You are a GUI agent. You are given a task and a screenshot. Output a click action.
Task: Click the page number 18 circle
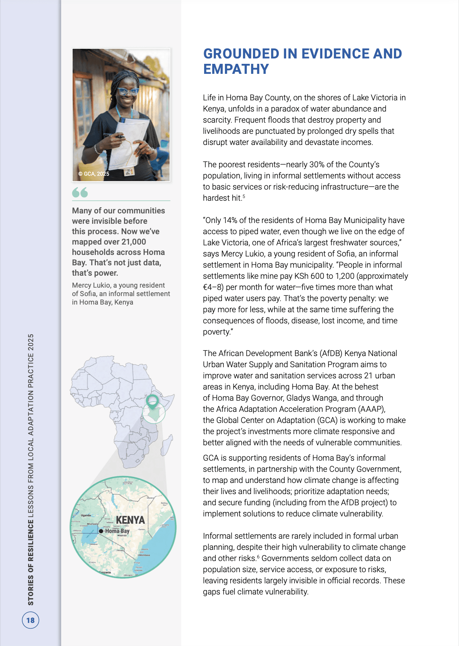point(30,620)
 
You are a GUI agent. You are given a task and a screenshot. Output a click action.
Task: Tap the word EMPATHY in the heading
point(236,69)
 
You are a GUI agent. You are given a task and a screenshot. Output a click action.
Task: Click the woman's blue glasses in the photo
point(128,92)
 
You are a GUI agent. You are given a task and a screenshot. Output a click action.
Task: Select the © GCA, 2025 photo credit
point(94,174)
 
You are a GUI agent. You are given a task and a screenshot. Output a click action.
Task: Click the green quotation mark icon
point(80,192)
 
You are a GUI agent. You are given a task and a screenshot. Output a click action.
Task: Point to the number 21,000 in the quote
point(134,242)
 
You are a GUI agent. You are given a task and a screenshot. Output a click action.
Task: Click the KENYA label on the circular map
point(130,520)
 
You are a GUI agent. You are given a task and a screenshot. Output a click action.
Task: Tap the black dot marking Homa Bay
point(101,531)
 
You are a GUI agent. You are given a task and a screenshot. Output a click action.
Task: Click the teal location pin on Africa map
point(152,401)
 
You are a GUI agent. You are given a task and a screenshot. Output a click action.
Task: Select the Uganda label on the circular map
point(86,515)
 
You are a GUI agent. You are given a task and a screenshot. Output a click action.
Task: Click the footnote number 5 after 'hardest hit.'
point(244,196)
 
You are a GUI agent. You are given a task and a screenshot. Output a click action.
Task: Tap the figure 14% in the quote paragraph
point(230,220)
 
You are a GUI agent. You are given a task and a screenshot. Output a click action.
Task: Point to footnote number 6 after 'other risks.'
point(258,557)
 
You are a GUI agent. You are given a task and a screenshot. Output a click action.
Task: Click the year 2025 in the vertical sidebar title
point(31,342)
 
